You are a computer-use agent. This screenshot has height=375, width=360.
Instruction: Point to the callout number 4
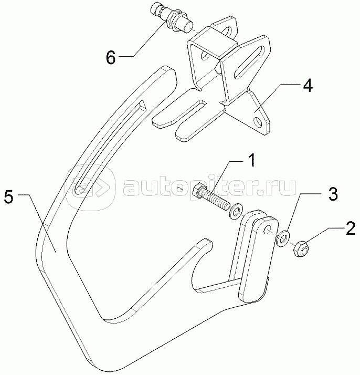[x=309, y=87]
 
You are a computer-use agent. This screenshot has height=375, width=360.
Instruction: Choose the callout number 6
[x=111, y=58]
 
